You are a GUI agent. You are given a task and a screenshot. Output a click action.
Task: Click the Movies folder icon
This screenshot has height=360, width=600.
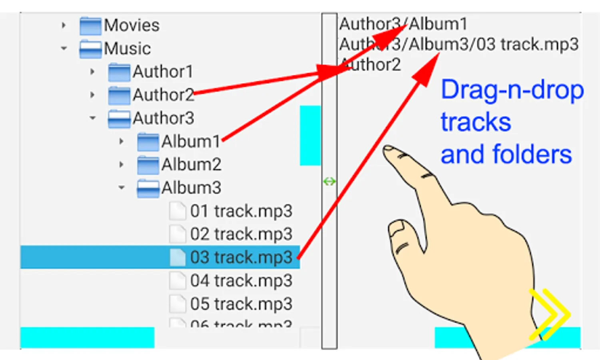pos(90,26)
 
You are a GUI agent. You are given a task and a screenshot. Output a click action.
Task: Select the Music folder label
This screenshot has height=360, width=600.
pos(127,49)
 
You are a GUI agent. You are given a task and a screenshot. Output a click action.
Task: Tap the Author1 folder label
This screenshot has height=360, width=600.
pos(163,72)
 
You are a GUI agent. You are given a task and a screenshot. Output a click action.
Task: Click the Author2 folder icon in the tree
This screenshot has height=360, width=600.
pos(119,96)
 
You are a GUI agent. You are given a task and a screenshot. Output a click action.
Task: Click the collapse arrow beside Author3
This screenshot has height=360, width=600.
pos(93,118)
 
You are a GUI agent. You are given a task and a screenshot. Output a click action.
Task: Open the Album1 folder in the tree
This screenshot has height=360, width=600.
pos(191,142)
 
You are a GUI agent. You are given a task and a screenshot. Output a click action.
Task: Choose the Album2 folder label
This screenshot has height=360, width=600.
pos(191,165)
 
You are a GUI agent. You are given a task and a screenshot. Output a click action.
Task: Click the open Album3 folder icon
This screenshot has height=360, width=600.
pos(148,188)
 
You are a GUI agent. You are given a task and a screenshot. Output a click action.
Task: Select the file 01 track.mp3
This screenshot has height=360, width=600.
pos(241,211)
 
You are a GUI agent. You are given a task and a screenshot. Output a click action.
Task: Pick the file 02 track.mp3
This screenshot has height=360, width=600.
pos(241,234)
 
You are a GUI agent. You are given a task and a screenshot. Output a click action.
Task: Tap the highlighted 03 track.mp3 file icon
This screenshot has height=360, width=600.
pos(177,257)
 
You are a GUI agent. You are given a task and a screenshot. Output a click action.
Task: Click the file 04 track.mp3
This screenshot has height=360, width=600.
pos(241,281)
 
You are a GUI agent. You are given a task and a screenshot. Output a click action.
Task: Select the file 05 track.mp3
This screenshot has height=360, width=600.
pos(241,304)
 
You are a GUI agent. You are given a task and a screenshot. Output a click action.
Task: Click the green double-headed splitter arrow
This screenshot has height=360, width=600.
pos(329,182)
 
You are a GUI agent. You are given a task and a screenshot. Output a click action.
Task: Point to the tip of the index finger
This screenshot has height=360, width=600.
pos(388,149)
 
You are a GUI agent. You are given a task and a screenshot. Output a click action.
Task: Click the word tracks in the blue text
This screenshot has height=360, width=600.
pos(476,122)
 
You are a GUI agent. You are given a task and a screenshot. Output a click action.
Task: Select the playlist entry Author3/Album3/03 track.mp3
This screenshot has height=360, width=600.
pos(458,44)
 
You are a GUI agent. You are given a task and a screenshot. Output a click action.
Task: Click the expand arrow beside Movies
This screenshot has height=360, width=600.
pos(64,26)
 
